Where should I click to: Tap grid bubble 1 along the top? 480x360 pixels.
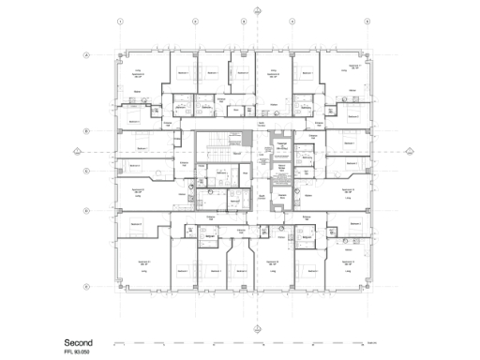(x=118, y=20)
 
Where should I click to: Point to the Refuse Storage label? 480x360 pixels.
(x=279, y=171)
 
